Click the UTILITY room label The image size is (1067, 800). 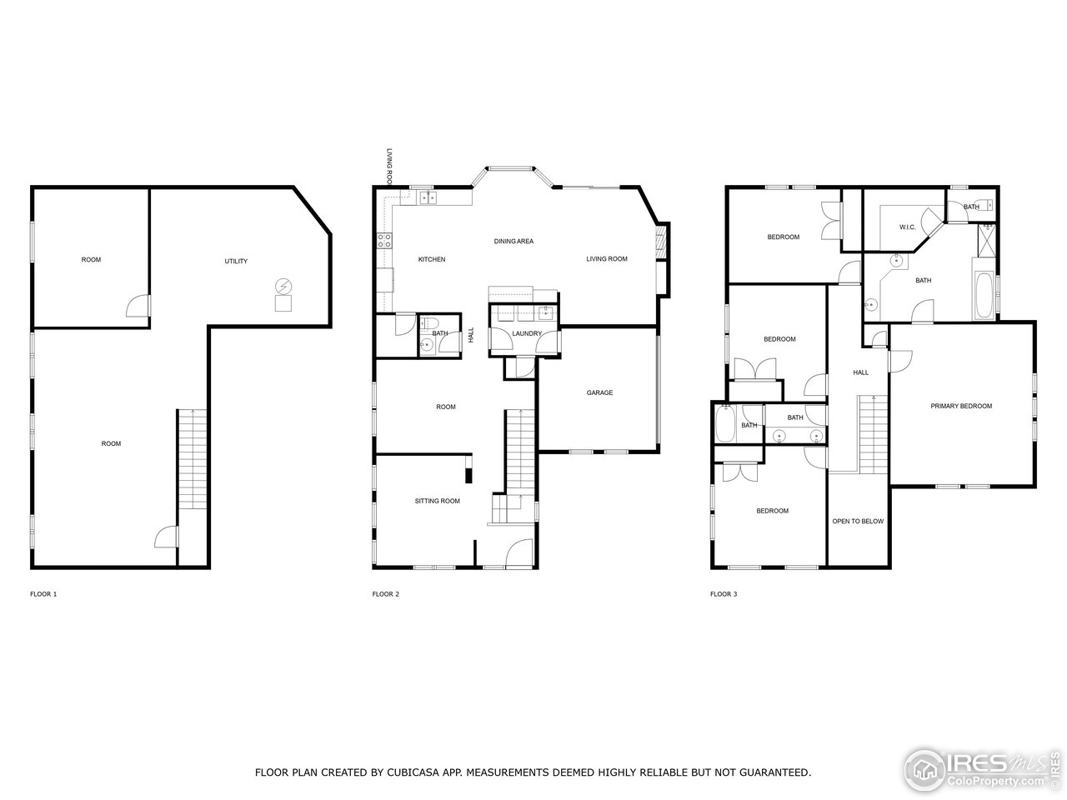pos(236,262)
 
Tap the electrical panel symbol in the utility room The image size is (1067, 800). pos(283,286)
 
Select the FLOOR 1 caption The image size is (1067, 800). pos(43,594)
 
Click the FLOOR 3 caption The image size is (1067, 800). pos(724,594)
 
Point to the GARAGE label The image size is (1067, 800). pos(599,392)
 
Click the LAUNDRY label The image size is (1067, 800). pos(527,333)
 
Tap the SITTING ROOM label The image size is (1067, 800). pos(438,501)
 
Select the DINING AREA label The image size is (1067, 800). pos(513,242)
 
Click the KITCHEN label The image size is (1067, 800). pos(432,259)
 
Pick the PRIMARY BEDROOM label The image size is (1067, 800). pos(961,406)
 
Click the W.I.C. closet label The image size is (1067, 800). pos(907,227)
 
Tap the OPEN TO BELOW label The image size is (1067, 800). pos(858,522)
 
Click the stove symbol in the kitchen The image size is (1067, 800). pos(385,241)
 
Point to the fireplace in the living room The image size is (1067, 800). pos(662,242)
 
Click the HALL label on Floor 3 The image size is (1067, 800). pos(860,372)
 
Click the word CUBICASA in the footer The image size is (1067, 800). pos(409,772)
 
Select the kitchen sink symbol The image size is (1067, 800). pos(429,197)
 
